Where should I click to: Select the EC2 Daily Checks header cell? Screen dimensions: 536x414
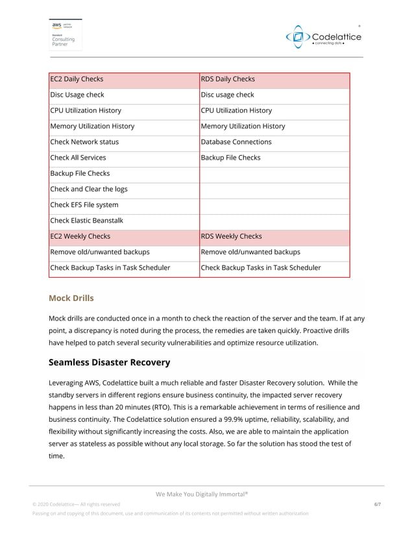[124, 79]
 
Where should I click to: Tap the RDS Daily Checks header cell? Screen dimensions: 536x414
[274, 79]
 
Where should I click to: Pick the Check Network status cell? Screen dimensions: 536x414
[124, 142]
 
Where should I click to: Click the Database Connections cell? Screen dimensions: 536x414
[274, 142]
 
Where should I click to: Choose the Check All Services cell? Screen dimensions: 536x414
[124, 158]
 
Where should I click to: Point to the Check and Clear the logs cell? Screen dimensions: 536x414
[124, 189]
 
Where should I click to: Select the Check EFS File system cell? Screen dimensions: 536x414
[124, 205]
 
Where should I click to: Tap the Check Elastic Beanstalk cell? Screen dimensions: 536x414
[124, 221]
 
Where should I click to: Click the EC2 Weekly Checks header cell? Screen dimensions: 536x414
[124, 236]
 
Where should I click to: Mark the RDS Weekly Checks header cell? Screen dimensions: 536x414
[274, 236]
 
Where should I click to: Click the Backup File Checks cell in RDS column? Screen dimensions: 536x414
[274, 158]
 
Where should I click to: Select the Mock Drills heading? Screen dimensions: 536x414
[71, 298]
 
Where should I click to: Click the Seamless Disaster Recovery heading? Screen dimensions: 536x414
[109, 362]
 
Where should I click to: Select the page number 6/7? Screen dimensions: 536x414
[378, 504]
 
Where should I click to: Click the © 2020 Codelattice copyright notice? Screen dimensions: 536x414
[76, 504]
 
